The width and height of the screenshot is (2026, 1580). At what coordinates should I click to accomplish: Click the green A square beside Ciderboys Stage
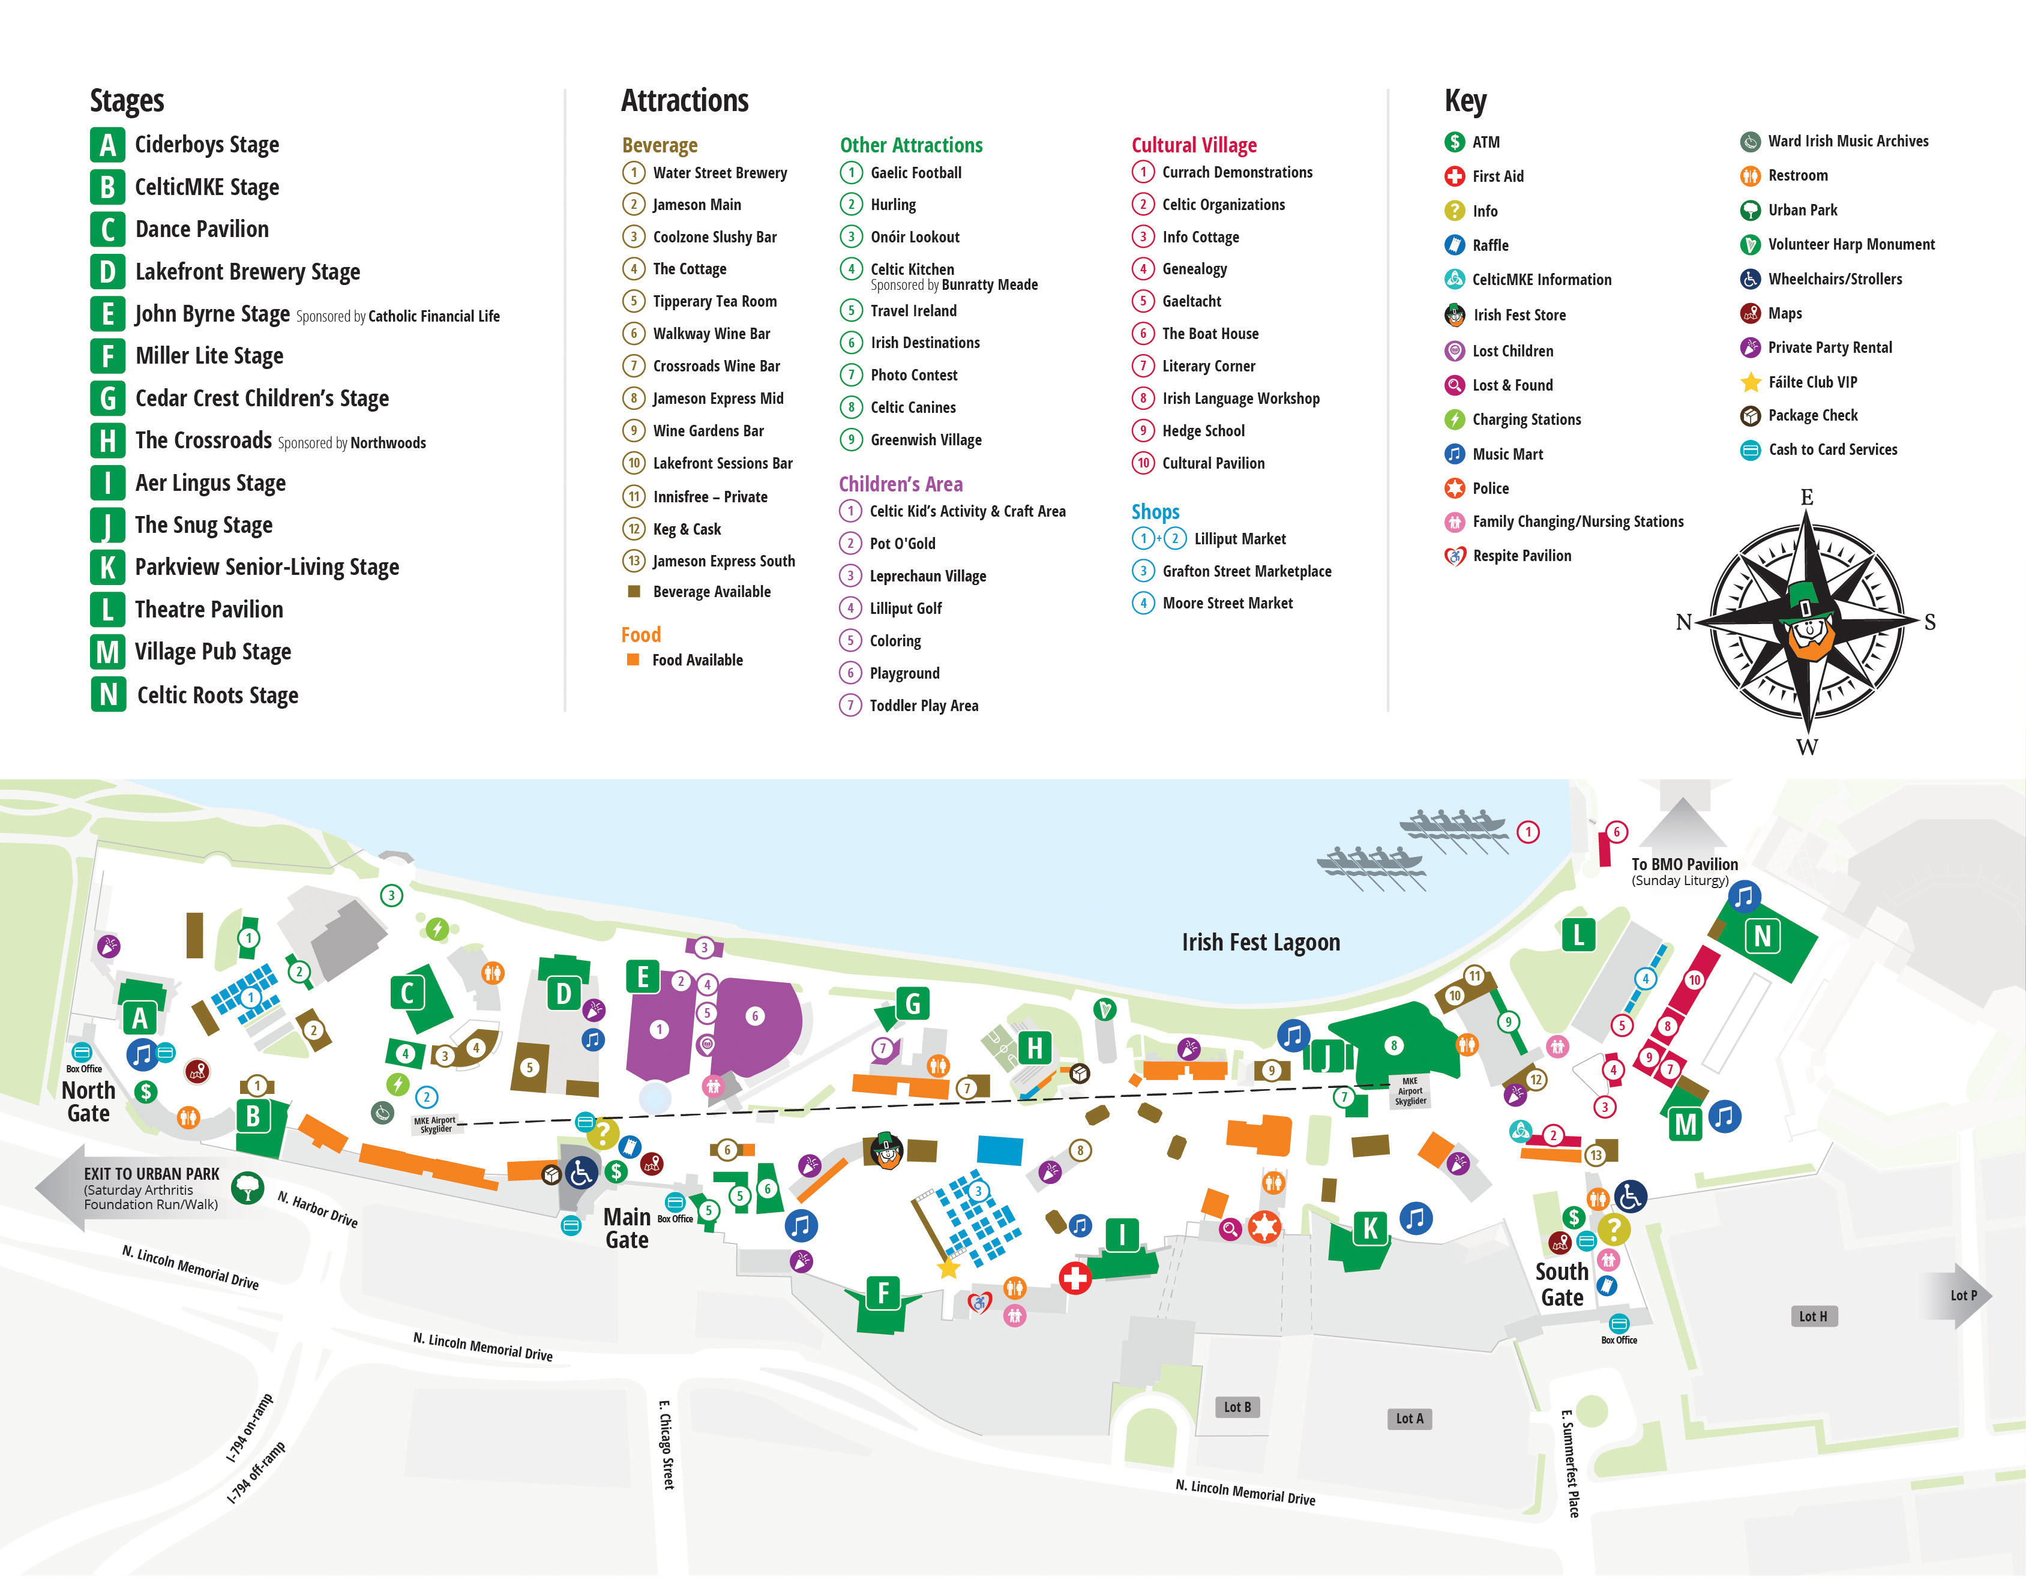point(107,145)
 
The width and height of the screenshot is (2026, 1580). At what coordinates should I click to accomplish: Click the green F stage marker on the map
point(882,1293)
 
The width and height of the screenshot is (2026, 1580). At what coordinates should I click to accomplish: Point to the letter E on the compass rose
point(1806,497)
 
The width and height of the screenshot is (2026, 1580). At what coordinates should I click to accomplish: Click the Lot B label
point(1237,1407)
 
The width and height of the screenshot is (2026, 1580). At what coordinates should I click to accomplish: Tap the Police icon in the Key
point(1455,488)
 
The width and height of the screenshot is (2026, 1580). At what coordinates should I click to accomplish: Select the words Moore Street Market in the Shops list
point(1227,603)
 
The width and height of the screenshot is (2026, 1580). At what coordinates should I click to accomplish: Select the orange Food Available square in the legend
point(633,659)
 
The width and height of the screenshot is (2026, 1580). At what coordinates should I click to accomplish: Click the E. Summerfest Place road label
point(1569,1463)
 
